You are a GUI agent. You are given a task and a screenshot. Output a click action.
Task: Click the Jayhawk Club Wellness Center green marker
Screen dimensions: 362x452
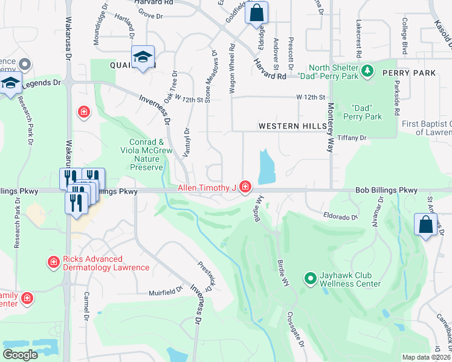click(311, 278)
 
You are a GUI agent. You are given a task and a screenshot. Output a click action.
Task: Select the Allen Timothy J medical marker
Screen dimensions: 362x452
click(245, 188)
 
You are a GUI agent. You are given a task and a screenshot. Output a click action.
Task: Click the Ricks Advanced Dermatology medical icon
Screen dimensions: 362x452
click(53, 262)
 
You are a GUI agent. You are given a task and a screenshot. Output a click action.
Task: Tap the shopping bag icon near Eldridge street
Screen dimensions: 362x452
click(256, 13)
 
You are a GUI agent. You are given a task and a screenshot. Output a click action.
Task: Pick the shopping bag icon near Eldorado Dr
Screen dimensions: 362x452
click(425, 224)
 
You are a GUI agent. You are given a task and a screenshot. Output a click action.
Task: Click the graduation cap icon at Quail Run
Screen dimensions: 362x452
click(143, 57)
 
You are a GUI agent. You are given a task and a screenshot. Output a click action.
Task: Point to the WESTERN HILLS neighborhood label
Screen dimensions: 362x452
click(292, 127)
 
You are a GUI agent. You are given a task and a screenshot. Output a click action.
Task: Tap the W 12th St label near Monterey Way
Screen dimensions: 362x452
click(311, 97)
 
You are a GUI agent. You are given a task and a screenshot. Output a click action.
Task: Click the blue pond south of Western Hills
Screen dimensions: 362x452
click(265, 167)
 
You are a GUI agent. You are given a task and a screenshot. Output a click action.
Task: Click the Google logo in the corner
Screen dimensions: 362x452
click(20, 355)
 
